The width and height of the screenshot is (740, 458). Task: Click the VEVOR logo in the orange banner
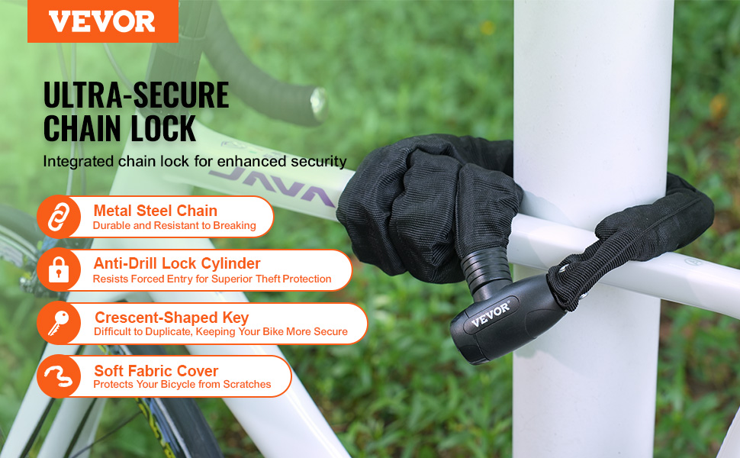point(102,21)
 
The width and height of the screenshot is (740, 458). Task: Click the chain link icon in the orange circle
point(59,217)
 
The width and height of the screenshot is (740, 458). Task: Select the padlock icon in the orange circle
point(59,269)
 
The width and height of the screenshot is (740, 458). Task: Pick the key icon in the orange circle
point(59,323)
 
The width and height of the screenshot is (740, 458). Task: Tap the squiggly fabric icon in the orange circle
point(59,376)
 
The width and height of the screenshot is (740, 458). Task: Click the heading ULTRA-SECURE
point(136,95)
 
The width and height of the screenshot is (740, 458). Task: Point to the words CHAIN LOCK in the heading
point(120,128)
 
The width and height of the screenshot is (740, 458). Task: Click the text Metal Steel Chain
point(156,211)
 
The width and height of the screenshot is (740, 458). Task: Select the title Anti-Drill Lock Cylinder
point(177,263)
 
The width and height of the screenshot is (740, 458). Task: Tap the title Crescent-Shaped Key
point(172,318)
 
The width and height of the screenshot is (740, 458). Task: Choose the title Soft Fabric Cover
point(156,371)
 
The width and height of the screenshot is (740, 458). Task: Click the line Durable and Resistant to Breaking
point(174,226)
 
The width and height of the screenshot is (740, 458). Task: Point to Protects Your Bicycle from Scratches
point(182,385)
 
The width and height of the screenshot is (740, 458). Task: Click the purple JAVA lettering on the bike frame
point(272,185)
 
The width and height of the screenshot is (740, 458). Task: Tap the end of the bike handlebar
point(319,103)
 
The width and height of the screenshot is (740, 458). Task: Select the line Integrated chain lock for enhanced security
point(195,162)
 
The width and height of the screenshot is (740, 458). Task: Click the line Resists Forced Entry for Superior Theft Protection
point(212,279)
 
